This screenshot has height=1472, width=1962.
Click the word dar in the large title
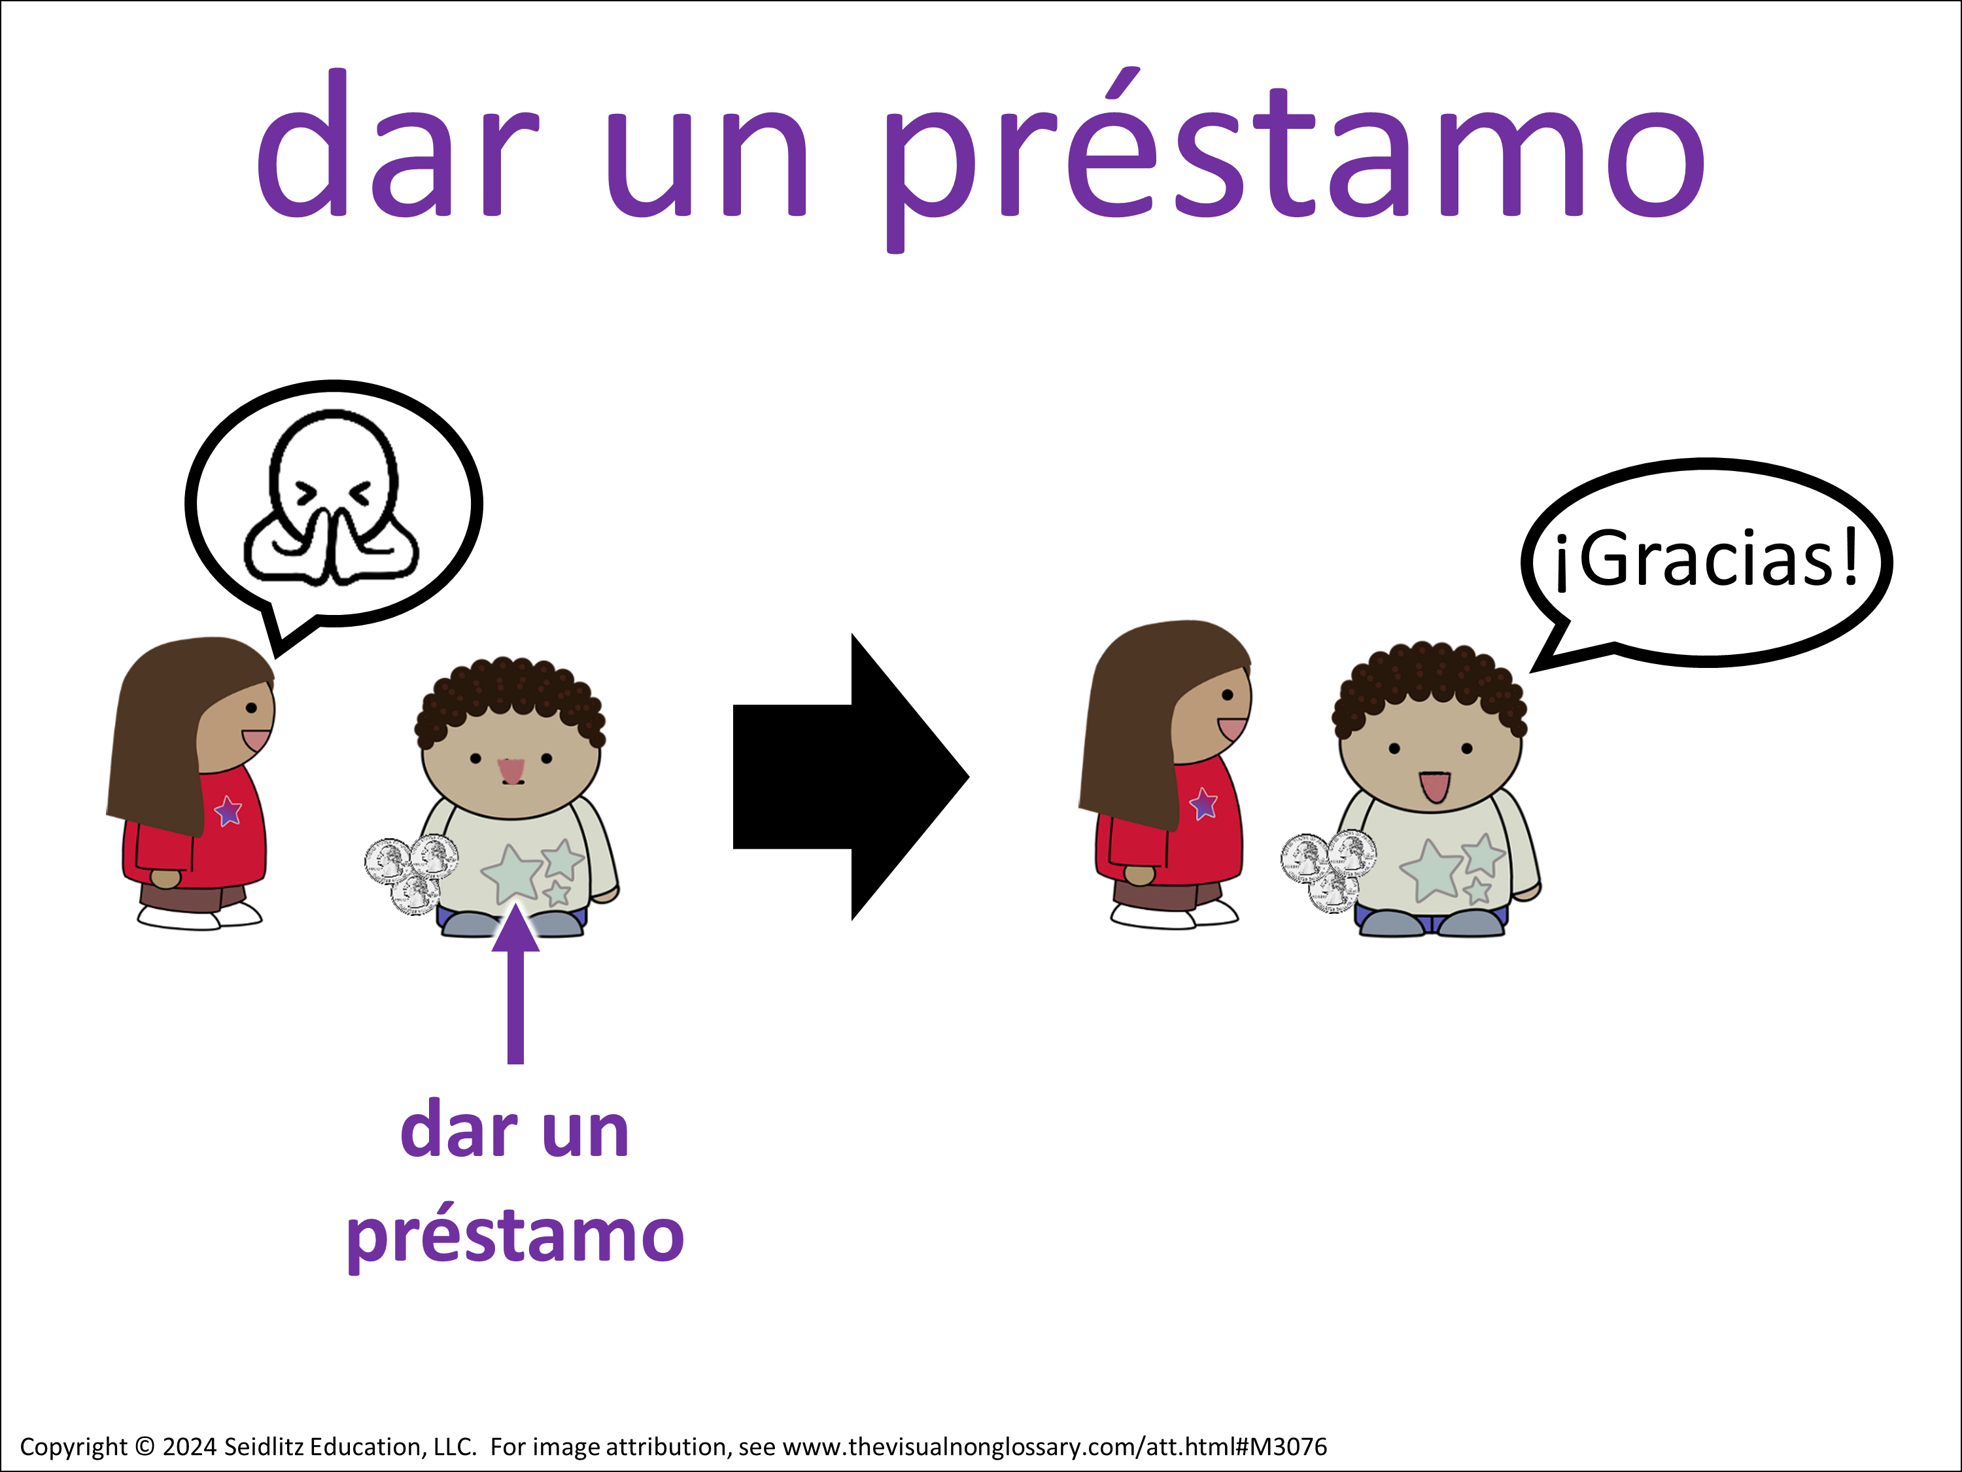tap(398, 142)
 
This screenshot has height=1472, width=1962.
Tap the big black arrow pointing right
tap(851, 777)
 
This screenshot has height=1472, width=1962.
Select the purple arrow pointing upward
tap(515, 983)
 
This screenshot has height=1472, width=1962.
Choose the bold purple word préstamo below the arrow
tap(515, 1236)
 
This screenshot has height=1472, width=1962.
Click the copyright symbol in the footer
tap(145, 1447)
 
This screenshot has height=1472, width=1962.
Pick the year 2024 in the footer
tap(190, 1447)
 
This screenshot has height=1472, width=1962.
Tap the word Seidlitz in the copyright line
tap(264, 1447)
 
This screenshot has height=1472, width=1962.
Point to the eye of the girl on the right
tap(1228, 695)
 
